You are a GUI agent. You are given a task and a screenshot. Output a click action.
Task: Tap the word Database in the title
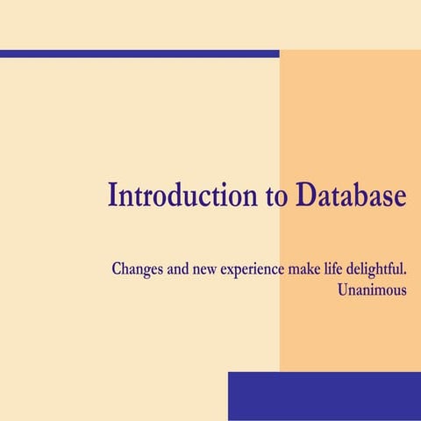click(351, 196)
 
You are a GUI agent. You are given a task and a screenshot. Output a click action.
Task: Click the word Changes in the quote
click(137, 268)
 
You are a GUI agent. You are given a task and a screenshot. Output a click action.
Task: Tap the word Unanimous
click(372, 289)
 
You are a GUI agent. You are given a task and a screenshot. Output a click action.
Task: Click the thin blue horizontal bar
click(139, 54)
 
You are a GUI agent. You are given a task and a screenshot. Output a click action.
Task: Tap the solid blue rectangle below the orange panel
click(324, 396)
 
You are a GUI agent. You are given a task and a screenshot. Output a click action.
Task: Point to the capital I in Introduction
click(112, 195)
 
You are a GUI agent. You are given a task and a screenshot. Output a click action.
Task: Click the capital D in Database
click(303, 195)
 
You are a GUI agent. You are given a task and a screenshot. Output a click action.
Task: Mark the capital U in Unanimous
click(342, 289)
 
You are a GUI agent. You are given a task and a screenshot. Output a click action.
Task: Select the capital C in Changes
click(117, 268)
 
